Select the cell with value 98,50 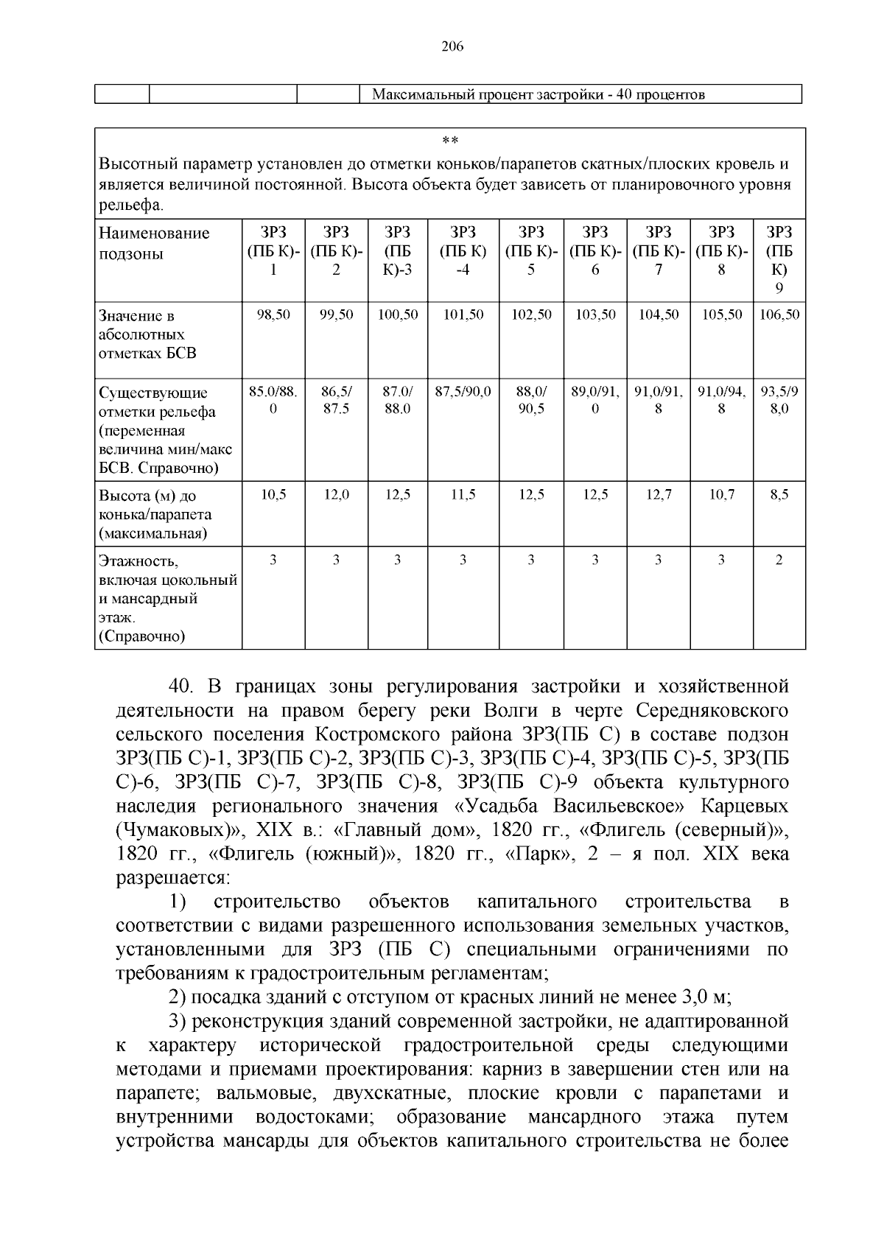pos(273,315)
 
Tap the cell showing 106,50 pos(779,315)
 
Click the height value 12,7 pos(659,496)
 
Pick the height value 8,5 pos(779,496)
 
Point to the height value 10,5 pos(273,496)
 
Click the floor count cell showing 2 pos(779,561)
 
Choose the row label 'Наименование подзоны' pos(154,244)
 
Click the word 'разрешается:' pos(174,878)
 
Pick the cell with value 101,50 pos(463,315)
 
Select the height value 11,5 pos(463,496)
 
